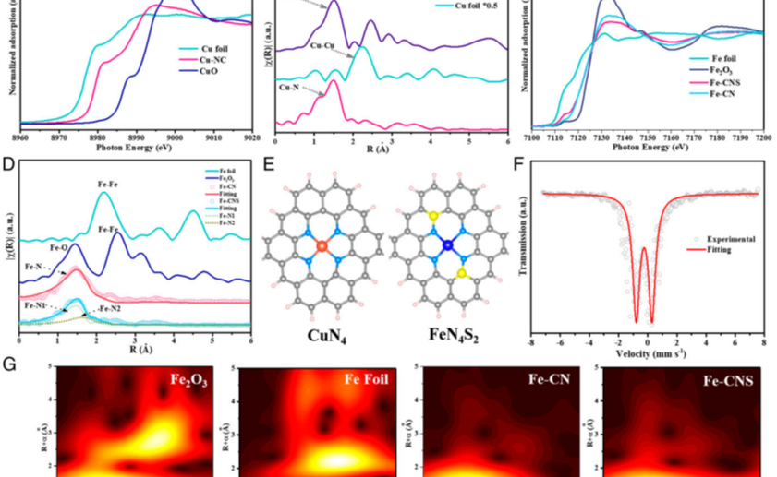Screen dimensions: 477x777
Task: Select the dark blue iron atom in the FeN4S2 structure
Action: tap(447, 246)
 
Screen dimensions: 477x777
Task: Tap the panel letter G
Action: tap(9, 364)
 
